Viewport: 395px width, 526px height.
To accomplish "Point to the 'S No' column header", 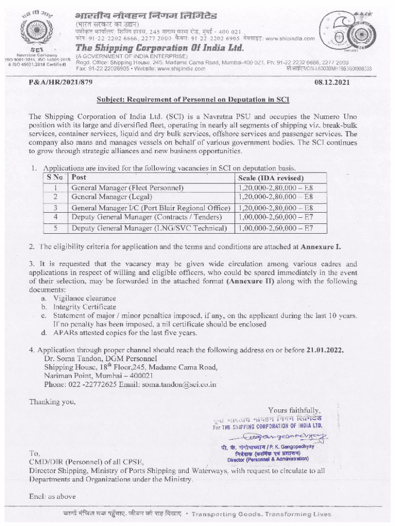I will (54, 177).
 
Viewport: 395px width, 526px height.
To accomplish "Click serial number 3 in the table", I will (54, 208).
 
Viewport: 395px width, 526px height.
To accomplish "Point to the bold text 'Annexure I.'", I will (321, 247).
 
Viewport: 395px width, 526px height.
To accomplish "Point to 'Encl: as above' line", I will (52, 496).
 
